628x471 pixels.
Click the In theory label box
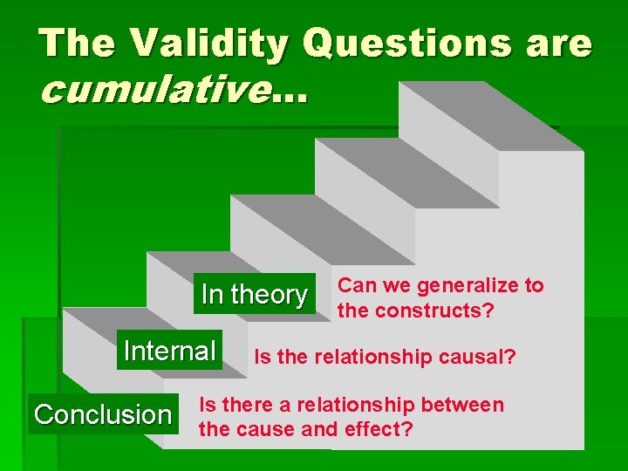[x=254, y=295]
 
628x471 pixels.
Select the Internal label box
[x=169, y=351]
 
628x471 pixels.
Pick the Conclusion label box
[x=102, y=414]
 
